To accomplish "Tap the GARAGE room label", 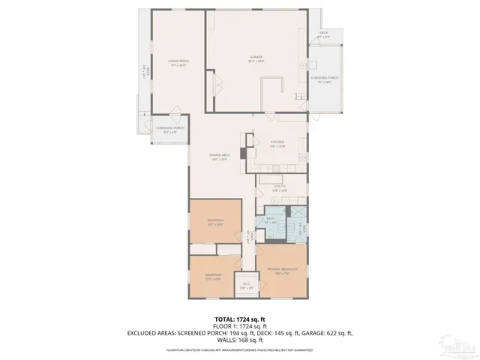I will [256, 58].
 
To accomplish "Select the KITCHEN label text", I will [256, 143].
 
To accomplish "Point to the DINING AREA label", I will [219, 157].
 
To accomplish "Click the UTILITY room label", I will [279, 188].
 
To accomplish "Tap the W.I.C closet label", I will [246, 286].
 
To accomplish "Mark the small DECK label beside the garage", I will [323, 34].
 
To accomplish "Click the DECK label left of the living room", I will [145, 73].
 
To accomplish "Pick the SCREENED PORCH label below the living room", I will [170, 130].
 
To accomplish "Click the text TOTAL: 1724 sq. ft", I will [239, 319].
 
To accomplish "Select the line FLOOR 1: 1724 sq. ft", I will [239, 325].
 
